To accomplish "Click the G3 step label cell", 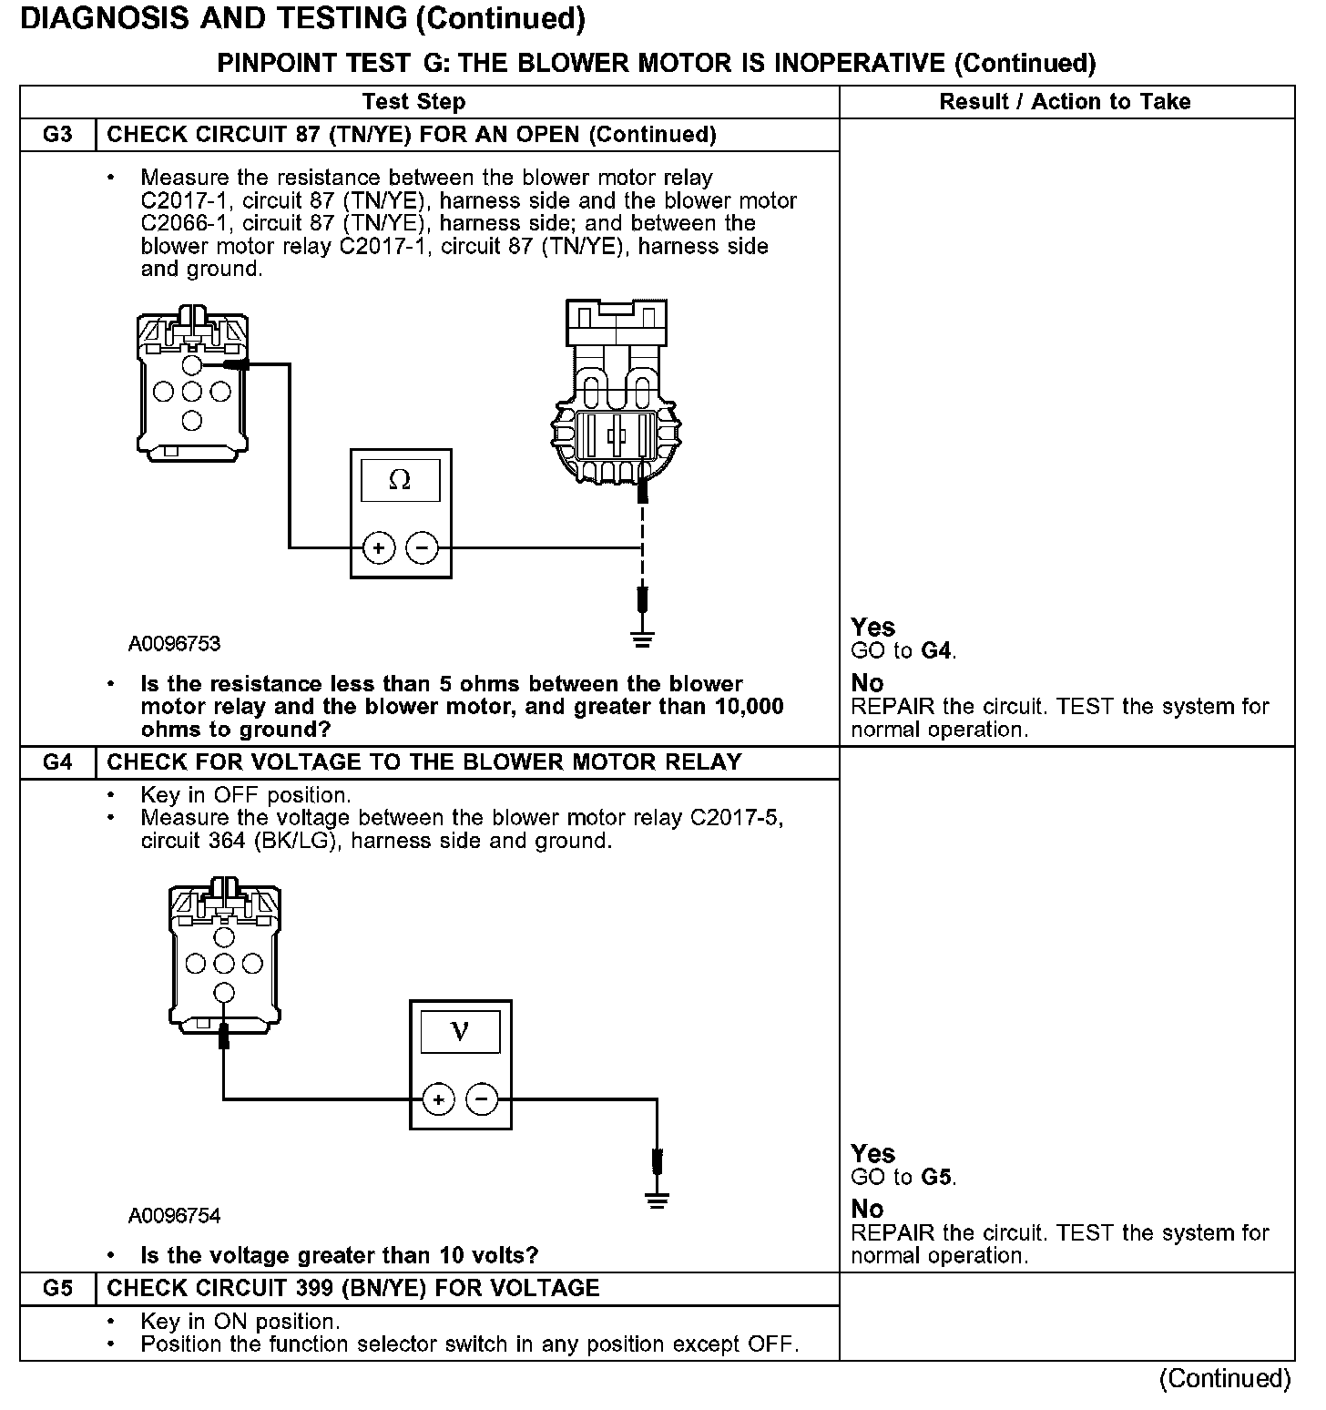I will click(x=57, y=135).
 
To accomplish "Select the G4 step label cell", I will click(x=57, y=762).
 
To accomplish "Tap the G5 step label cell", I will click(x=57, y=1289).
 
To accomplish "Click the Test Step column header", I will click(x=413, y=102).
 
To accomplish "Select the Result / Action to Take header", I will click(x=1065, y=102).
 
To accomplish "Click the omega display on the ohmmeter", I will click(x=400, y=480).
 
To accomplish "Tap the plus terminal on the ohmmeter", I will click(x=377, y=548).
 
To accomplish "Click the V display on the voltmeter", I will click(x=460, y=1032).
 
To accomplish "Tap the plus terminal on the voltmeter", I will click(x=438, y=1099).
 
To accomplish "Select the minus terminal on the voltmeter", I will click(x=482, y=1099).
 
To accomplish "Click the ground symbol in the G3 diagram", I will click(x=643, y=637).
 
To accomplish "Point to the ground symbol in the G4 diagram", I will click(x=657, y=1200).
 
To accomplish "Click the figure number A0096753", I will click(x=175, y=644).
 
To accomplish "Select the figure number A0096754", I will click(x=175, y=1216).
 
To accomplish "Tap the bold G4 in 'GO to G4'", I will click(x=938, y=651).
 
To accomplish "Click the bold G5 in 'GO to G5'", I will click(x=938, y=1178).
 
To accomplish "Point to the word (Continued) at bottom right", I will click(x=1225, y=1379).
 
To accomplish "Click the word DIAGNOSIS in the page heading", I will click(x=99, y=19).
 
